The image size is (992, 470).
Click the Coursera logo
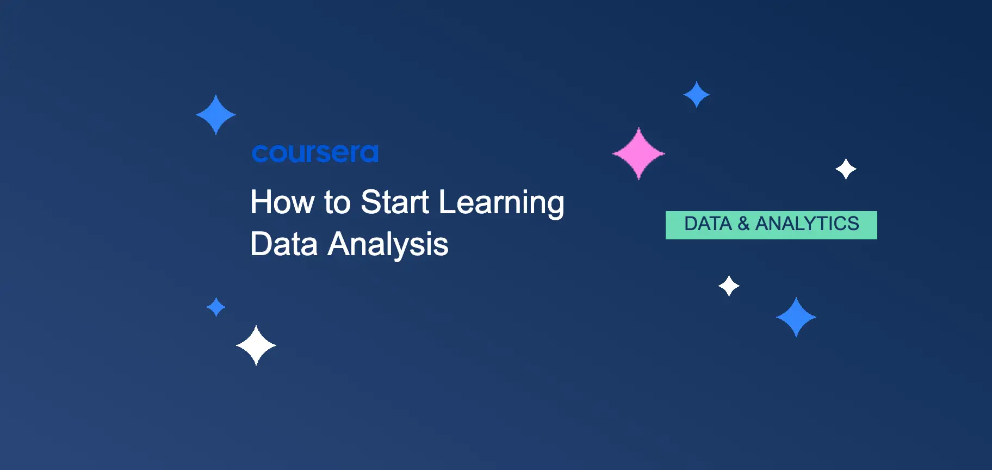pos(315,153)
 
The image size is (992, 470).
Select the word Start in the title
pos(395,202)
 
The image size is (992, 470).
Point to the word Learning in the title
pos(501,203)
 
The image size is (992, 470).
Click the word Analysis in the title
pos(388,245)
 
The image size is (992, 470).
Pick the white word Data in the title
pos(284,244)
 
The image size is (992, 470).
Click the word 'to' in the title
pos(338,202)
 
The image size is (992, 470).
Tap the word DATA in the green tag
pos(708,224)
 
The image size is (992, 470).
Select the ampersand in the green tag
pos(743,224)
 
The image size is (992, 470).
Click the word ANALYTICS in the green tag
pos(807,224)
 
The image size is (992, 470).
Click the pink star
pos(638,153)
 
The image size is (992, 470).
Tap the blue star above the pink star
pos(696,95)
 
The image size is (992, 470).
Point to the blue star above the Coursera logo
pos(216,114)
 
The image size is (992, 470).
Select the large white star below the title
pos(256,345)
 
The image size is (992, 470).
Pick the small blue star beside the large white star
pos(216,307)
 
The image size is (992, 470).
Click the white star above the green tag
pos(846,169)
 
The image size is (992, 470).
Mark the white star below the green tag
pos(729,286)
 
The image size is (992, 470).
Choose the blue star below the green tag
pos(796,317)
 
